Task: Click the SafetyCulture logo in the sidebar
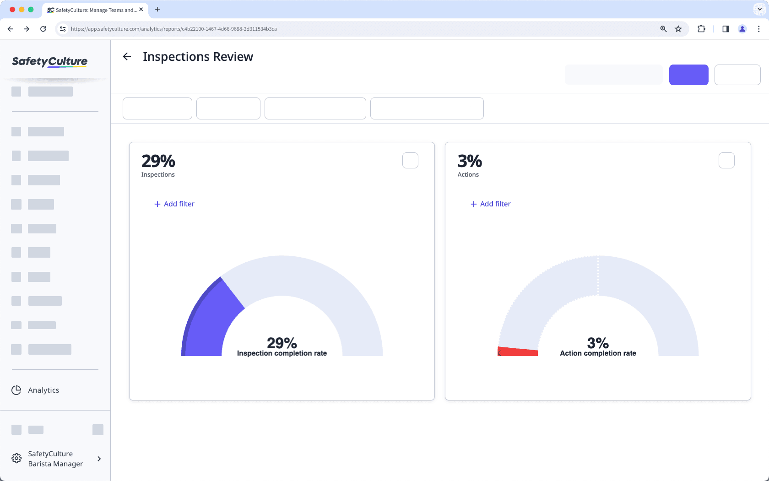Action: [49, 62]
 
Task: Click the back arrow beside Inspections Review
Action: [127, 56]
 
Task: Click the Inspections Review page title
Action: [198, 57]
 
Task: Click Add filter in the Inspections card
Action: [174, 204]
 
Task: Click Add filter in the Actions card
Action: [491, 204]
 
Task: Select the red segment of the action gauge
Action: [518, 351]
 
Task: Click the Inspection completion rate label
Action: [282, 353]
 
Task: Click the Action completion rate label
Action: [598, 353]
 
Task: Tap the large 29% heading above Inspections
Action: [158, 161]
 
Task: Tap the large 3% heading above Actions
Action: [470, 161]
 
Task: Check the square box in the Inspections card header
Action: [410, 161]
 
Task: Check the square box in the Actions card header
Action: [726, 161]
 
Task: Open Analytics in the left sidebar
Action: [43, 390]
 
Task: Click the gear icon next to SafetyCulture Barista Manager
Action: [16, 459]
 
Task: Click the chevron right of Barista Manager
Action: [99, 459]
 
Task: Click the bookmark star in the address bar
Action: [678, 29]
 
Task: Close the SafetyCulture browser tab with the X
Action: [141, 10]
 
